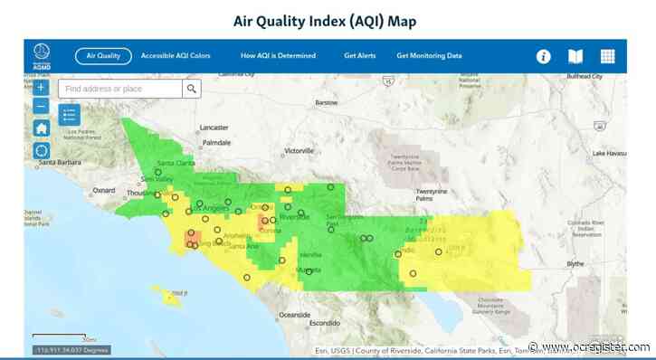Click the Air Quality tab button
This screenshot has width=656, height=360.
click(103, 56)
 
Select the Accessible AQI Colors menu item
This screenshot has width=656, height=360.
click(176, 56)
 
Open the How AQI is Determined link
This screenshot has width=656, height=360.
click(278, 56)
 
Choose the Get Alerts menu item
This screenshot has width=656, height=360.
click(359, 56)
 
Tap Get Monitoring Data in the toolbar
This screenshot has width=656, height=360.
click(429, 56)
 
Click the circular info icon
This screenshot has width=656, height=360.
click(544, 56)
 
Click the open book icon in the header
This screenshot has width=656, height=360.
click(575, 56)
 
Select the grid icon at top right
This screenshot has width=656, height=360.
click(607, 56)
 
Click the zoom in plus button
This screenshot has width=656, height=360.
click(41, 88)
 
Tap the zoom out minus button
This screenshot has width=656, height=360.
click(41, 107)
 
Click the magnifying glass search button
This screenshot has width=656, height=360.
click(191, 89)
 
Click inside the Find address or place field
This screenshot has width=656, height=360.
click(121, 89)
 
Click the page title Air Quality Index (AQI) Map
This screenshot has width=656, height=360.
click(328, 20)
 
